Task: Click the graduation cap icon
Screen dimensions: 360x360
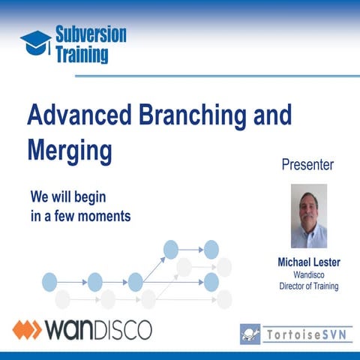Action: click(34, 42)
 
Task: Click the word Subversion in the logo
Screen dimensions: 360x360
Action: click(90, 34)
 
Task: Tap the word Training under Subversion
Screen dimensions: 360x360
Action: click(81, 54)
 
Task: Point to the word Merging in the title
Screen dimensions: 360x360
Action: click(70, 148)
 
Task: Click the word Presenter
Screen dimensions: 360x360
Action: click(307, 163)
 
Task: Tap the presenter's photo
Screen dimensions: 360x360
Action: click(308, 216)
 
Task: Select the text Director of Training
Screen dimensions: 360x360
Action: click(307, 286)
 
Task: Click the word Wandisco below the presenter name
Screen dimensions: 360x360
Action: click(307, 274)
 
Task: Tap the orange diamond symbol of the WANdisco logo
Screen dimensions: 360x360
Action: click(28, 328)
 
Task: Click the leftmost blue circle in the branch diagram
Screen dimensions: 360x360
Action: click(49, 282)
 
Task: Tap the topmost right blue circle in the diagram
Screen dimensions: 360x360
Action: click(211, 248)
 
